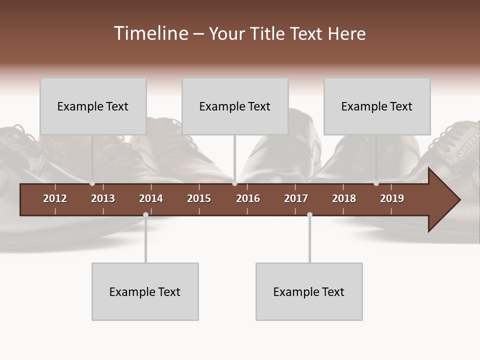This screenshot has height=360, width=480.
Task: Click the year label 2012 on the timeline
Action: click(x=55, y=198)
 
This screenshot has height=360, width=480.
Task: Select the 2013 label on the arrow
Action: click(x=103, y=198)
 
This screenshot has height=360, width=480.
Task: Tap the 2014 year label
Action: click(x=151, y=198)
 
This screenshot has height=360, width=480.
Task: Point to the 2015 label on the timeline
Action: click(x=199, y=198)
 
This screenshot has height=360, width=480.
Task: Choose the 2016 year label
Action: click(x=248, y=198)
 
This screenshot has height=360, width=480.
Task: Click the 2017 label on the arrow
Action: click(x=296, y=198)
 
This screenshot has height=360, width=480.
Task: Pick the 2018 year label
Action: click(x=344, y=198)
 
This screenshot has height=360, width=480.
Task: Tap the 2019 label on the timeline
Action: click(x=392, y=198)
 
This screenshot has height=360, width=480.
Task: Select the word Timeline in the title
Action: click(x=150, y=33)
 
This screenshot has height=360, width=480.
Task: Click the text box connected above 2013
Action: click(x=93, y=106)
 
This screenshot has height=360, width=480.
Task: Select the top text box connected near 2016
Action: click(x=235, y=106)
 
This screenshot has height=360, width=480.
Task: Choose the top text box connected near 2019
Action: click(x=377, y=106)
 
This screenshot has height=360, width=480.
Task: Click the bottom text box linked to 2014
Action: click(x=145, y=291)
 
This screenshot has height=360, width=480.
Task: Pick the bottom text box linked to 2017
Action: click(x=309, y=291)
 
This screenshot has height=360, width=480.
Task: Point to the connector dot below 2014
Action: click(x=145, y=214)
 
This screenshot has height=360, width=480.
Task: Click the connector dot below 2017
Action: click(x=309, y=214)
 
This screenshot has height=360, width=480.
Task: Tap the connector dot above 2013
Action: click(x=92, y=183)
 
